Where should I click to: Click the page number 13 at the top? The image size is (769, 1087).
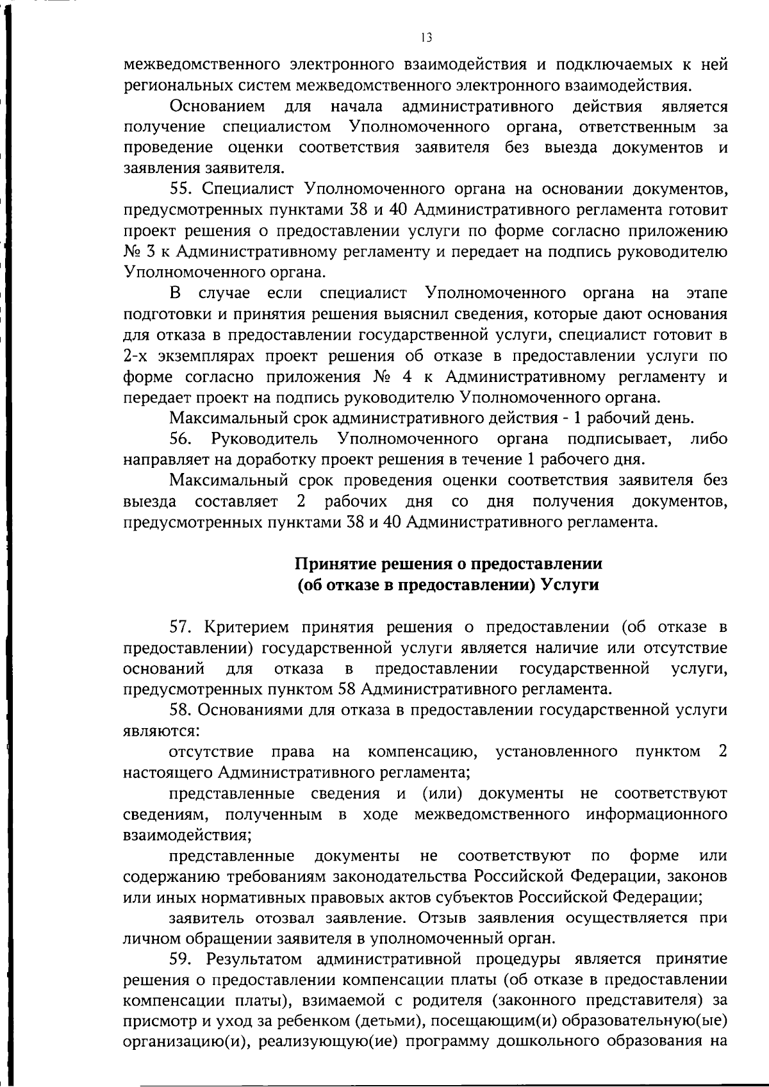(x=427, y=38)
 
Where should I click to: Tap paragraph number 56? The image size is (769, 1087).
(x=182, y=438)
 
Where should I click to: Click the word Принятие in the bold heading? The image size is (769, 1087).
(x=336, y=564)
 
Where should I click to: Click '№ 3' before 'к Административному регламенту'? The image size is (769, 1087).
(x=136, y=251)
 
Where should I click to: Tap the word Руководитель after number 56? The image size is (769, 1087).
(x=264, y=438)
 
